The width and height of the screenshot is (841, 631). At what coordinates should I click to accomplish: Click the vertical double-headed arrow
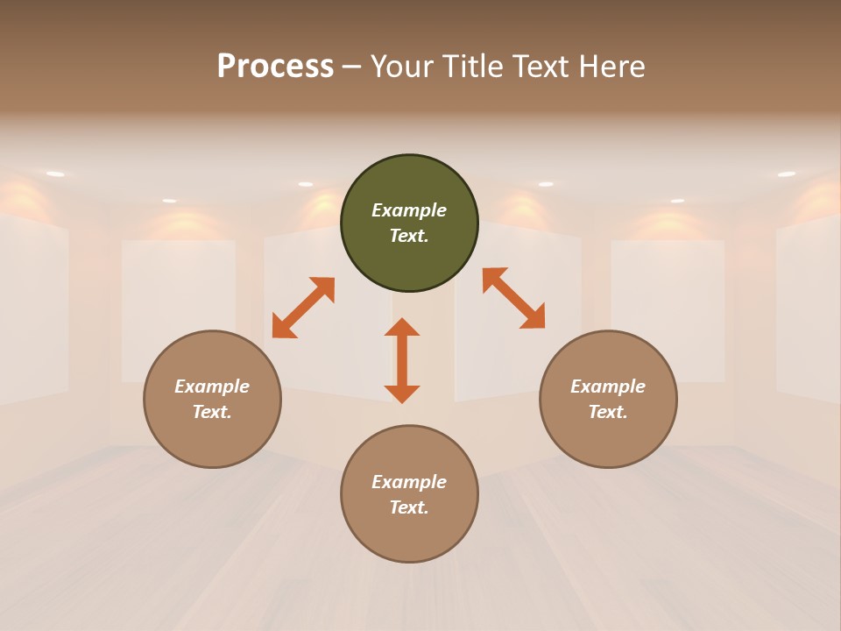click(x=402, y=360)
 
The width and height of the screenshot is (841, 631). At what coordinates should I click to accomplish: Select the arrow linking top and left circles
click(x=303, y=308)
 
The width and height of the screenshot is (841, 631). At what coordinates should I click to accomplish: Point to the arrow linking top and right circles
click(x=513, y=298)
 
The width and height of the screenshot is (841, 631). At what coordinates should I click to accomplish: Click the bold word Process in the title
click(x=275, y=66)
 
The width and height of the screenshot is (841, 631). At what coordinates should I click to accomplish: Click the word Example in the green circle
click(x=409, y=210)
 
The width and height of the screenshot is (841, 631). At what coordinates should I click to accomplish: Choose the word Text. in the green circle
click(x=409, y=236)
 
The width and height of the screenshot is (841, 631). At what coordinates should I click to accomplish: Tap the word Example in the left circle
click(x=212, y=386)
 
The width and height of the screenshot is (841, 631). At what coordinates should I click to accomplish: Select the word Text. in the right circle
click(x=608, y=412)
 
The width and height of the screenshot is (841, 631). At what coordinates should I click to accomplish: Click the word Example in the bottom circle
click(x=409, y=482)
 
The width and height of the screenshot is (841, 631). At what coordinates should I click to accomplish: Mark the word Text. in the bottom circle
click(x=409, y=507)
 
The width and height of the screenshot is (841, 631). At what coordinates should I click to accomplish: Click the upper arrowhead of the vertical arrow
click(x=402, y=327)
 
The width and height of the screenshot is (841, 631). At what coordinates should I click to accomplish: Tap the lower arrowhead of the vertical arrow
click(x=402, y=393)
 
